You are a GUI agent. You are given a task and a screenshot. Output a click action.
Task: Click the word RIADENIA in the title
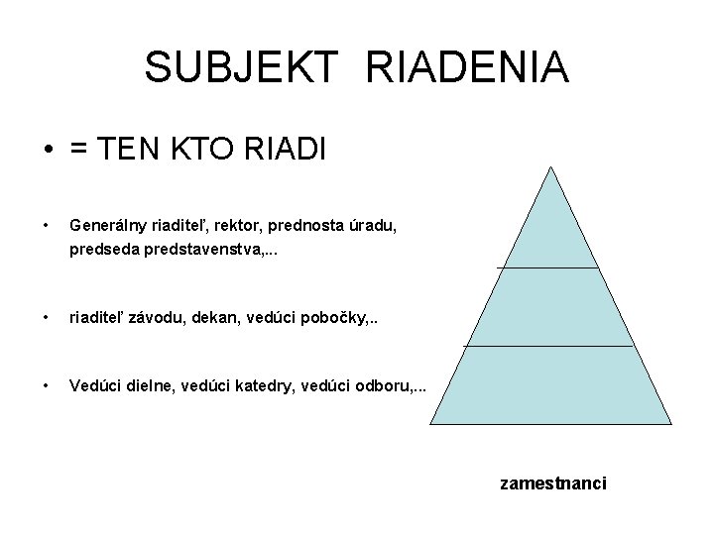(x=468, y=67)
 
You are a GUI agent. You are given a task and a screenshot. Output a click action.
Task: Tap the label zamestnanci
(x=553, y=483)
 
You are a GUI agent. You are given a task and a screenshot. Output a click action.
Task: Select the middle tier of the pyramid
(x=548, y=307)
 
